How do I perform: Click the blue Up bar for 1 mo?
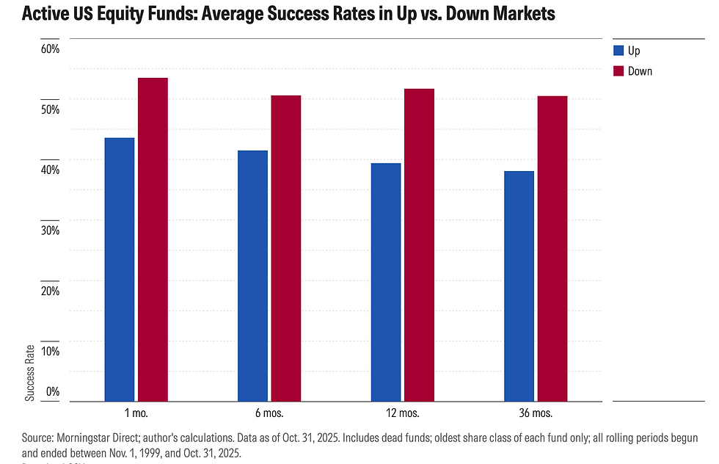[120, 269]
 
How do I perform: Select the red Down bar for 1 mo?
[153, 239]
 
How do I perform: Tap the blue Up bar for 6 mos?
[253, 276]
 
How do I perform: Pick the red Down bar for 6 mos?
[286, 248]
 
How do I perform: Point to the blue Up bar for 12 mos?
[386, 282]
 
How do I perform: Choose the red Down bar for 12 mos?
[420, 245]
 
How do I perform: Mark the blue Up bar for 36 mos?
[519, 286]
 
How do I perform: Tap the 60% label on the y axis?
[49, 49]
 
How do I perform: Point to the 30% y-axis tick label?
[49, 231]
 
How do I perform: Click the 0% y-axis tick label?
[52, 392]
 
